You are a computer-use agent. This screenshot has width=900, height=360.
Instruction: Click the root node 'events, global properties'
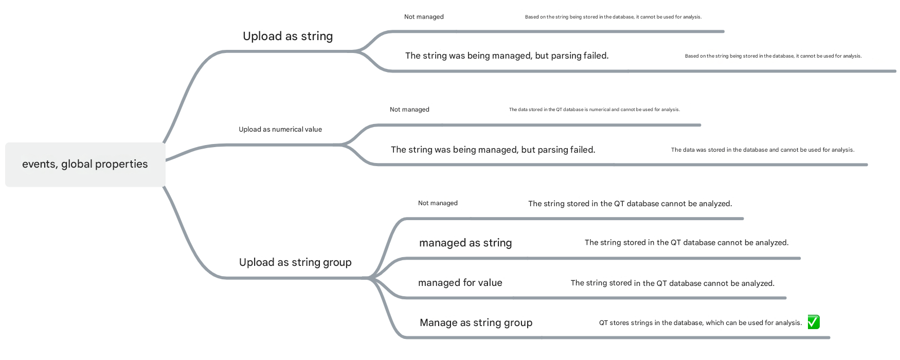tap(85, 165)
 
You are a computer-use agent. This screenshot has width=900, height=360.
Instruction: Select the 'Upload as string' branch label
tap(288, 36)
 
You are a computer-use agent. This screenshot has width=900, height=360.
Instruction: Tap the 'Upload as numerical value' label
tap(280, 129)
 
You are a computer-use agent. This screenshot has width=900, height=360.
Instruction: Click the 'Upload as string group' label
tap(295, 262)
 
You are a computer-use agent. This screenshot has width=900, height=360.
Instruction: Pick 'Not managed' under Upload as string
tap(424, 17)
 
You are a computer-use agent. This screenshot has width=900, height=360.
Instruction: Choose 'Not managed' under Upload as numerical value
tap(409, 110)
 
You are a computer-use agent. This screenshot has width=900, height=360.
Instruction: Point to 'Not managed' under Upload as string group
tap(438, 203)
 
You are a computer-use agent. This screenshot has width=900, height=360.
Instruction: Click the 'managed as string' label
tap(465, 243)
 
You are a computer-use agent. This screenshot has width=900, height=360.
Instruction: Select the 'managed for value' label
tap(460, 282)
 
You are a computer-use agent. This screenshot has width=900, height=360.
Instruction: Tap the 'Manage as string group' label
tap(476, 322)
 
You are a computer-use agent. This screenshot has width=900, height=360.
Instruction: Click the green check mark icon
tap(814, 322)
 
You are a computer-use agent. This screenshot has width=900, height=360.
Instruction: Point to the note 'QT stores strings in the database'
tap(700, 323)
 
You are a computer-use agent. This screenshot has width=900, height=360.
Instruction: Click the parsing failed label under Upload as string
tap(507, 56)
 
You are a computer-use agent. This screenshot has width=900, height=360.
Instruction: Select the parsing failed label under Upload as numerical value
tap(493, 150)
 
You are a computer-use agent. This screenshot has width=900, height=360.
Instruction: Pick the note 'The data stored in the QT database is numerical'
tap(595, 110)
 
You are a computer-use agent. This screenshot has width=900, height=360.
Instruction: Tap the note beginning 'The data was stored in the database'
tap(763, 150)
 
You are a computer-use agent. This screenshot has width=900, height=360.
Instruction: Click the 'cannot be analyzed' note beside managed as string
tap(687, 243)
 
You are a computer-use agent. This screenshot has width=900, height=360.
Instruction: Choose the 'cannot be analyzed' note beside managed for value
tap(673, 283)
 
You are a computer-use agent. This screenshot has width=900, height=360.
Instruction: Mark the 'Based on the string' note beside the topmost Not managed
tap(613, 17)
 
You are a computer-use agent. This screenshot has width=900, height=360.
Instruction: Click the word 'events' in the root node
tap(40, 165)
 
